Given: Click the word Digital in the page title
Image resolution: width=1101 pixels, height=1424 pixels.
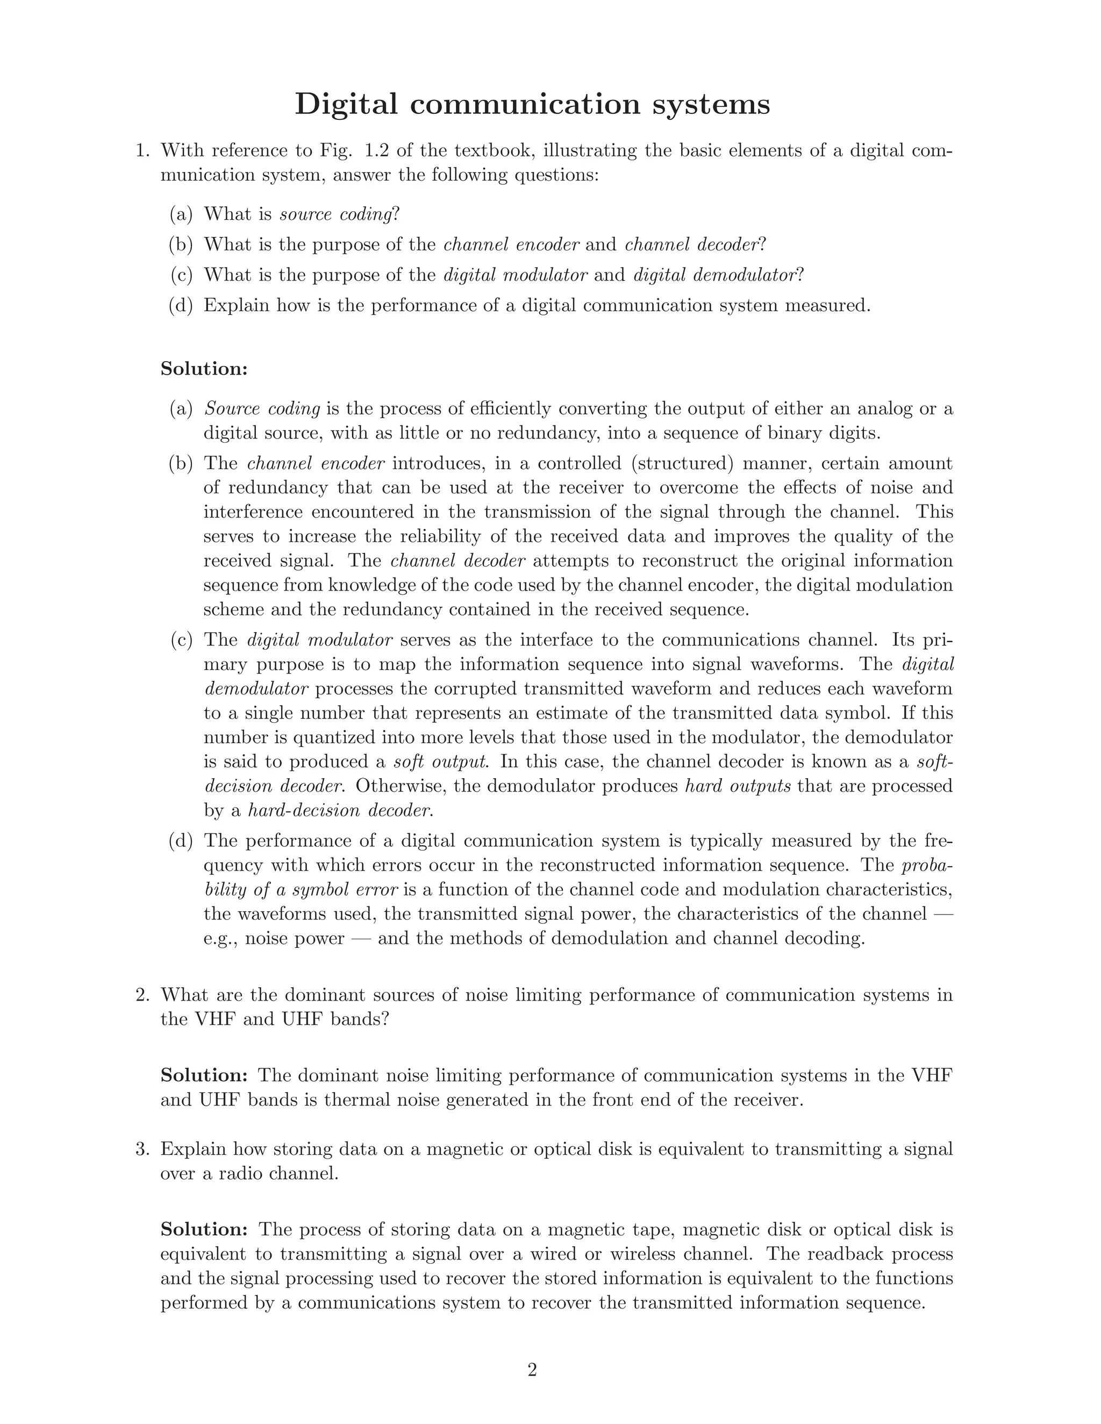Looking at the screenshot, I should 346,104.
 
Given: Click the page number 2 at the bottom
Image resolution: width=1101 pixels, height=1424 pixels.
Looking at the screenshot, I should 532,1370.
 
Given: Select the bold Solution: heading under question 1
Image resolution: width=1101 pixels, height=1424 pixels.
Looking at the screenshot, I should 204,369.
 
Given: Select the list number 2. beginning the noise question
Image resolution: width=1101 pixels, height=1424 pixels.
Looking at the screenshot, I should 143,995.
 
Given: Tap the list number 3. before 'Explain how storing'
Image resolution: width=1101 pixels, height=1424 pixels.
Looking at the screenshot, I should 143,1149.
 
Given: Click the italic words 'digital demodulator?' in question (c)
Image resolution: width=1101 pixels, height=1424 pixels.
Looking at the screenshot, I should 718,275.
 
